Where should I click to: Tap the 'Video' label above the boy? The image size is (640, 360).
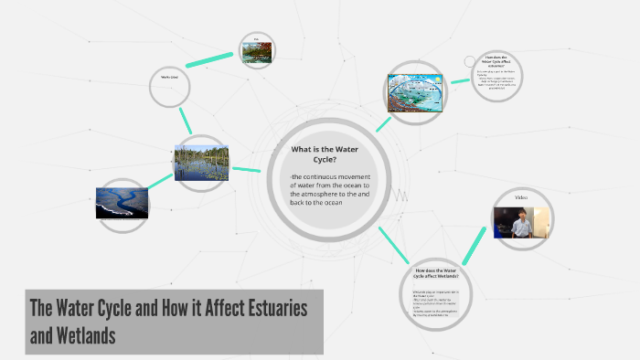click(x=521, y=198)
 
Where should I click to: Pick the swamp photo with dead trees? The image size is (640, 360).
click(x=201, y=162)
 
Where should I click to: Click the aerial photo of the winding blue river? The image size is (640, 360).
click(x=122, y=203)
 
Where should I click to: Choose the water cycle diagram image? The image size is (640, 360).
click(x=415, y=97)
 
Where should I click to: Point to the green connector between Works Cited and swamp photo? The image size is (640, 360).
click(x=186, y=120)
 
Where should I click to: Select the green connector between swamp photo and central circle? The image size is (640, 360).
click(x=246, y=169)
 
